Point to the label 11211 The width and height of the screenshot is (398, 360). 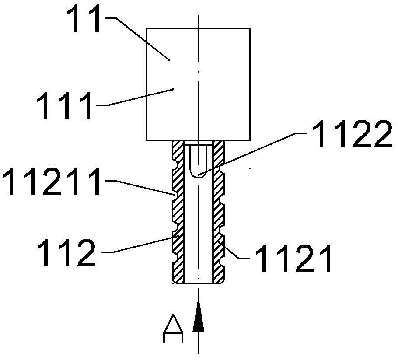tap(51, 181)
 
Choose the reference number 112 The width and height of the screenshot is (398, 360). tap(66, 252)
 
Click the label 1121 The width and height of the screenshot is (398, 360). tap(293, 258)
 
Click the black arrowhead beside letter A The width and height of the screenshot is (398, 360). tap(198, 316)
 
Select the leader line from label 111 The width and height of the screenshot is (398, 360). tap(140, 97)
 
